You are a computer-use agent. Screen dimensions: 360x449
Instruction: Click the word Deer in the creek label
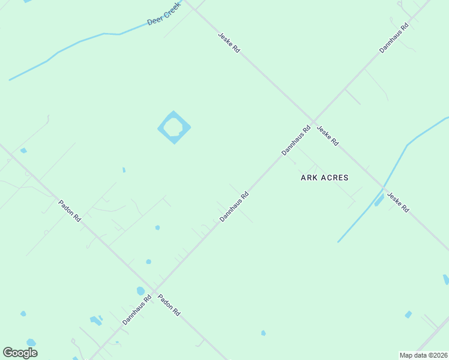point(155,22)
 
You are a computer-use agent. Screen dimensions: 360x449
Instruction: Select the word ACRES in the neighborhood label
point(335,178)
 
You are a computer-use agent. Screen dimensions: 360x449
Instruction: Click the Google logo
point(20,353)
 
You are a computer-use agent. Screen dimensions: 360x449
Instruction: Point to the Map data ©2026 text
point(423,355)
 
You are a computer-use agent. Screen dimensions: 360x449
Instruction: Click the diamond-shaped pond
point(173,127)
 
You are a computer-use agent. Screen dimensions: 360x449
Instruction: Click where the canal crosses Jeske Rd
point(382,188)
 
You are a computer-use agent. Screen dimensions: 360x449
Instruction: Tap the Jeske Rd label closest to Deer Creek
point(229,43)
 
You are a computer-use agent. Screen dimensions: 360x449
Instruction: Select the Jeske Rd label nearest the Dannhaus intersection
point(328,136)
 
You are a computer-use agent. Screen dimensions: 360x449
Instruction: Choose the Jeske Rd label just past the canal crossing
point(398,202)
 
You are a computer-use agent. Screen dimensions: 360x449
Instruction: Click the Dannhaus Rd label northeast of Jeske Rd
point(394,38)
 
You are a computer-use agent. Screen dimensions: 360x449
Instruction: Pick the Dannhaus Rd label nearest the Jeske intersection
point(297,140)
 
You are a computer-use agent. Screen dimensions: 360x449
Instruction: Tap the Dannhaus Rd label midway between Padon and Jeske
point(234,206)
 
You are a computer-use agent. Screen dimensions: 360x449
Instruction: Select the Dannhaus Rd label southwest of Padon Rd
point(136,310)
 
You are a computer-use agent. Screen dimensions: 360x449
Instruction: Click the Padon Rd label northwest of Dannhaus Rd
point(70,210)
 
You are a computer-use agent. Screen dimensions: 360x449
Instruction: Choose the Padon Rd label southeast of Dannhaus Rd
point(169,305)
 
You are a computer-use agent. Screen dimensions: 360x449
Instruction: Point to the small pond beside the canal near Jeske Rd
point(379,200)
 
